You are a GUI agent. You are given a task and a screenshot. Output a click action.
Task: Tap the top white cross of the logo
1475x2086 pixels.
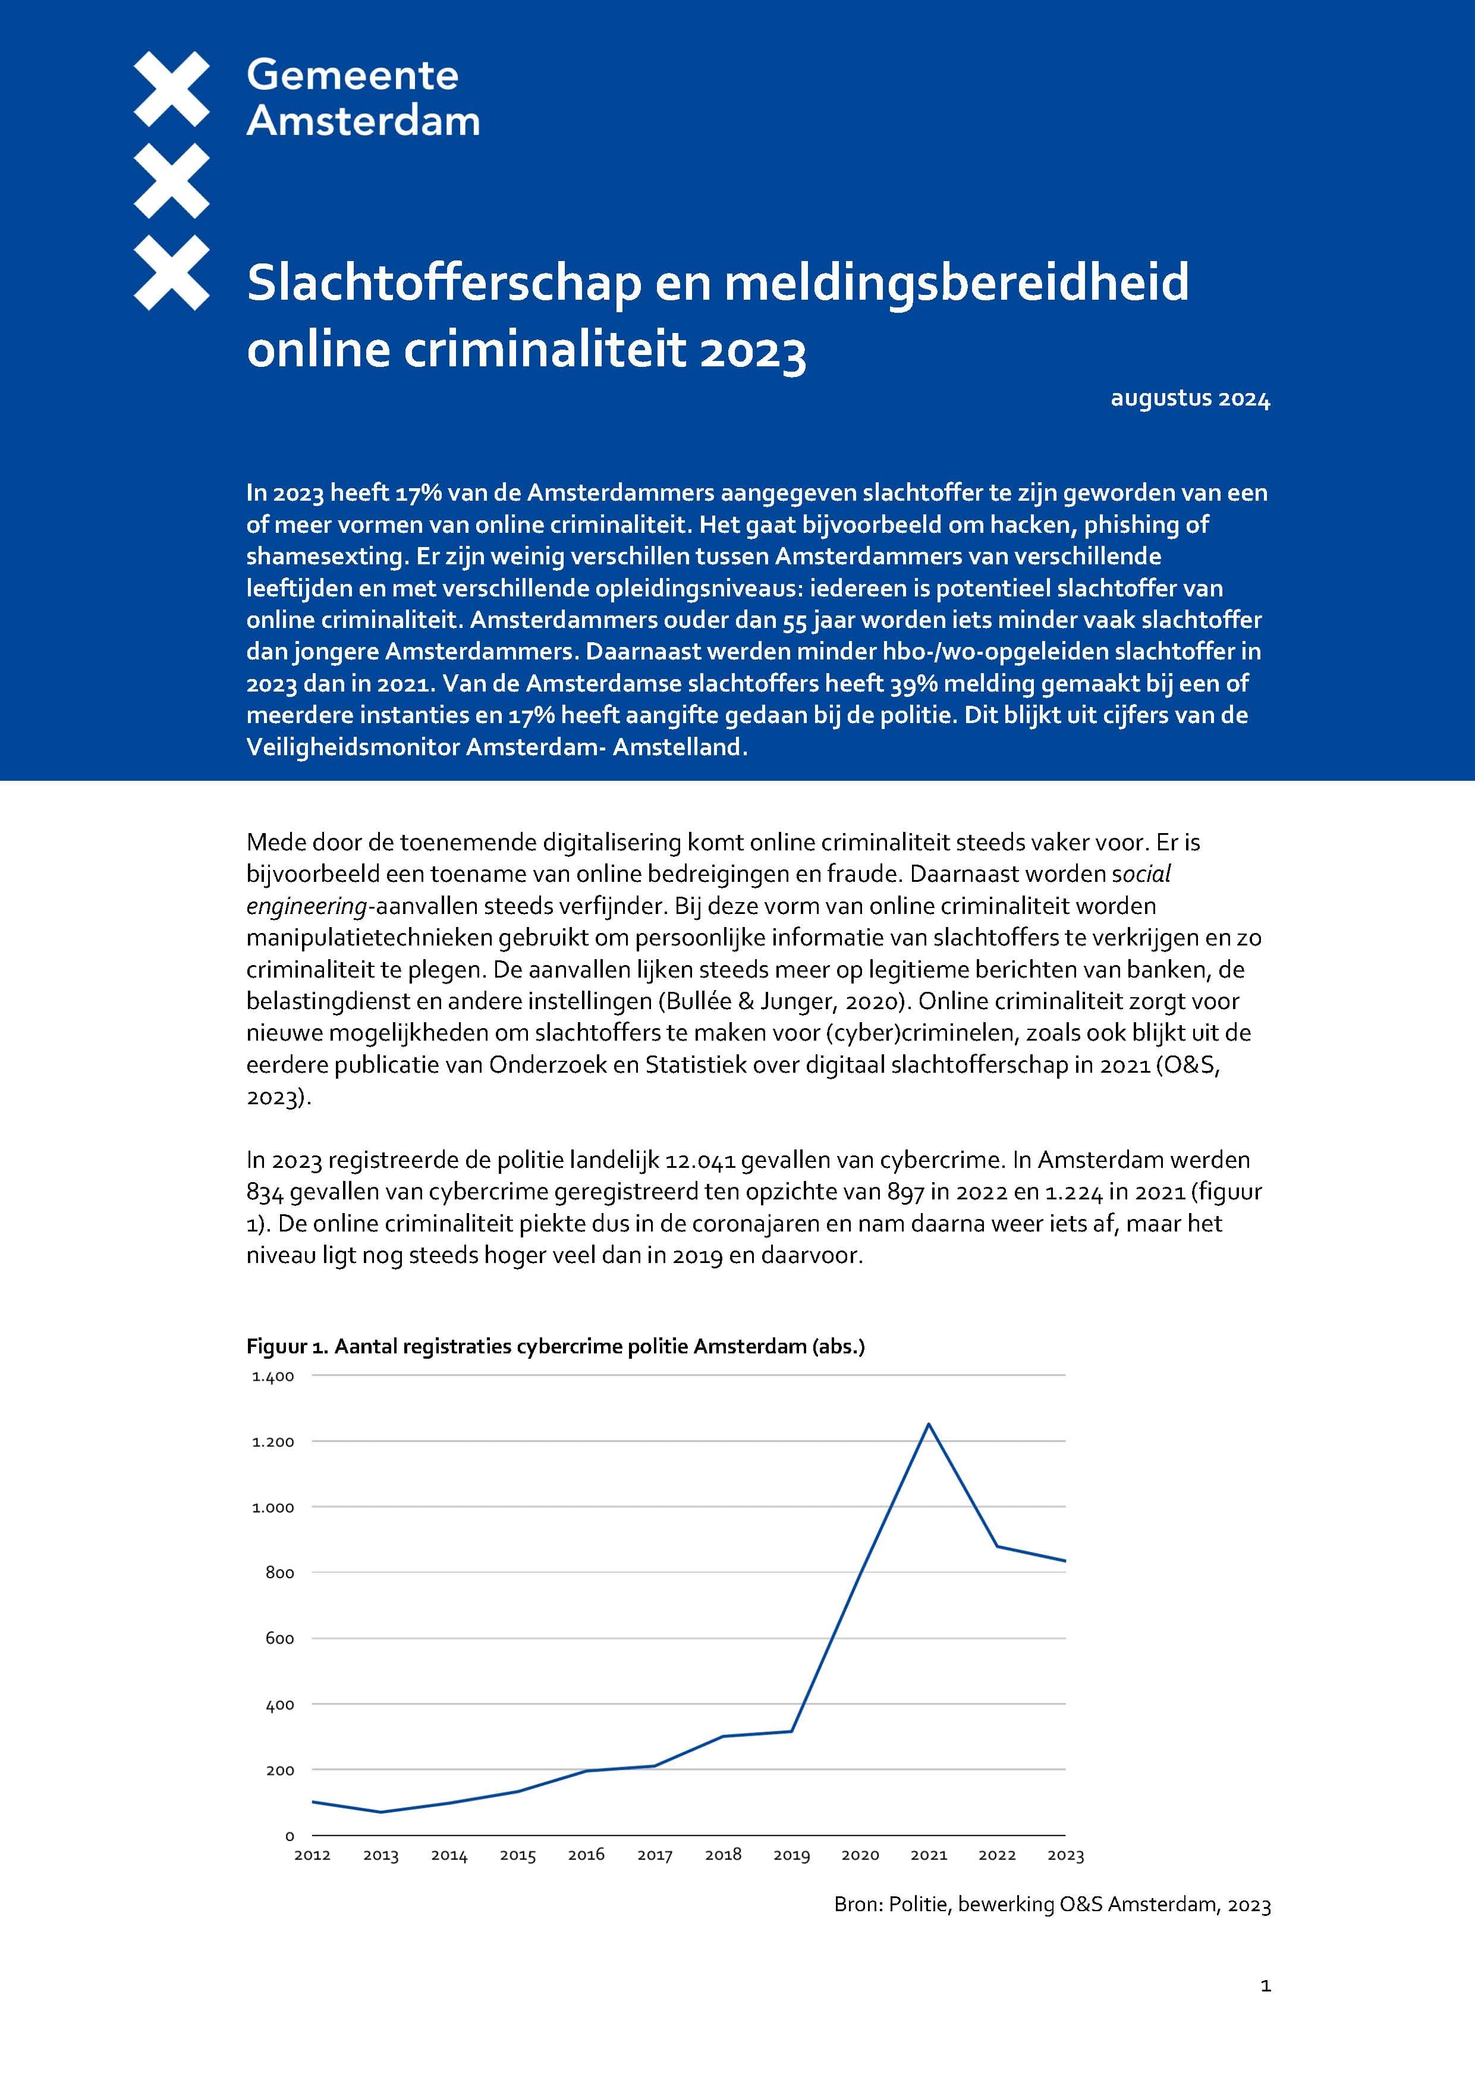(172, 88)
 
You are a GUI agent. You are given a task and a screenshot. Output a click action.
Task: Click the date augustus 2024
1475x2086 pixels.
(1190, 399)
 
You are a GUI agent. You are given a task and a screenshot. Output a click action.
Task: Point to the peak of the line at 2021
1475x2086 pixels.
(928, 1424)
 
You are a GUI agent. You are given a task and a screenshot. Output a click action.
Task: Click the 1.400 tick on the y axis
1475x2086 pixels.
(273, 1377)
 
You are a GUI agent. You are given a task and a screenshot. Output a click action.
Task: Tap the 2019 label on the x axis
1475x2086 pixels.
(791, 1855)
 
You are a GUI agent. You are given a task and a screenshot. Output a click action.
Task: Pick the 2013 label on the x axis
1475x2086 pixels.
(380, 1855)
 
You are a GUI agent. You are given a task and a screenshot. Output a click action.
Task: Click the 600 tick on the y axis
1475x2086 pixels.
(280, 1639)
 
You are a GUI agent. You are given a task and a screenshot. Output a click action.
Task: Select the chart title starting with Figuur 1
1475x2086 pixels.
(555, 1346)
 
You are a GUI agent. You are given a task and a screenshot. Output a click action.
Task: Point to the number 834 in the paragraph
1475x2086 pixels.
(265, 1192)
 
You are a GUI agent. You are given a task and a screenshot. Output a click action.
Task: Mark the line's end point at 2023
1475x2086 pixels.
(1064, 1561)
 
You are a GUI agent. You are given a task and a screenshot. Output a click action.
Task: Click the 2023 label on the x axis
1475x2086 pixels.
(1065, 1855)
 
